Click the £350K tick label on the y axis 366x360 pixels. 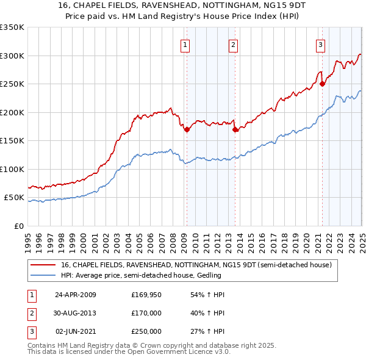(x=12, y=27)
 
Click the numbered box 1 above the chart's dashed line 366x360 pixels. (x=184, y=44)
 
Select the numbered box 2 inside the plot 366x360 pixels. (x=234, y=44)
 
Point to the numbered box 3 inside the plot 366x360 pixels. (x=320, y=44)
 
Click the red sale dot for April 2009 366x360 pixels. (x=187, y=129)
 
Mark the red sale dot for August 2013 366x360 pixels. (x=235, y=129)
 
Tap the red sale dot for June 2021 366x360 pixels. (x=322, y=84)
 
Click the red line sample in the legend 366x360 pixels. (x=43, y=265)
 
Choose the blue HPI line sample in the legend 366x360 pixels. (x=43, y=276)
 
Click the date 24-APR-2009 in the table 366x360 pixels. (x=76, y=295)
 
